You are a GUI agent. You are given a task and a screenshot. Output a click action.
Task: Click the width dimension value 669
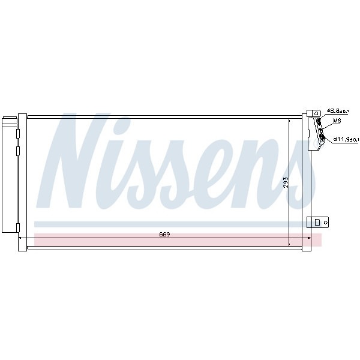pos(164,235)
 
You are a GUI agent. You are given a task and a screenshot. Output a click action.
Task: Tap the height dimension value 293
pos(286,182)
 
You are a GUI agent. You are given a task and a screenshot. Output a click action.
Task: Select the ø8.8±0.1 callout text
pos(338,111)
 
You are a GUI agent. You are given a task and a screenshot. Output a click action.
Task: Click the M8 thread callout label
pos(337,121)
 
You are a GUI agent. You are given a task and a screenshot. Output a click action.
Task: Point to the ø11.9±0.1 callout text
pos(346,139)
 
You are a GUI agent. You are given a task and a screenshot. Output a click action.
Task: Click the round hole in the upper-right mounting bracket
pos(317,113)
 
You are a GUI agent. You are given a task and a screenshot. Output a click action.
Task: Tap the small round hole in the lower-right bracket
pos(326,222)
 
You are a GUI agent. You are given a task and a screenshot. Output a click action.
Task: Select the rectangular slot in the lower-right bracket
pos(317,222)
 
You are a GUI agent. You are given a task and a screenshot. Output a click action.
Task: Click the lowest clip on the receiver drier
pos(17,228)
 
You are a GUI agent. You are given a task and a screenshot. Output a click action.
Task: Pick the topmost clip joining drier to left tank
pos(17,134)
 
